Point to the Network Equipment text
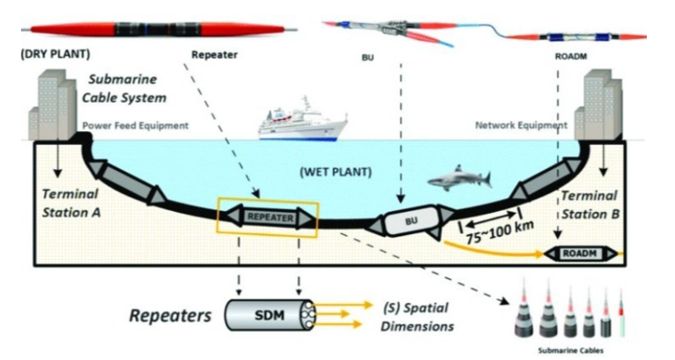point(520,125)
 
